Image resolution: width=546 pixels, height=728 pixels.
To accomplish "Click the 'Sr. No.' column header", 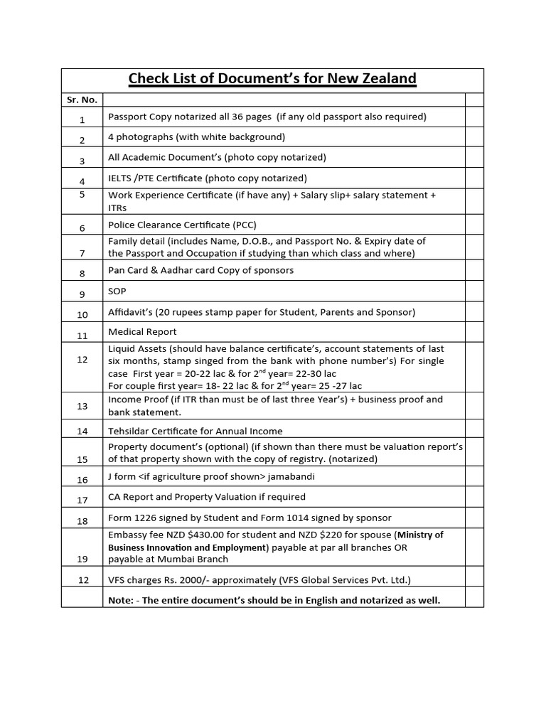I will click(82, 100).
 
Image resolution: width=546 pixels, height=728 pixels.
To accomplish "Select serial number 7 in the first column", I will click(82, 253).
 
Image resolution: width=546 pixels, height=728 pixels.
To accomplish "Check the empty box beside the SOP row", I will click(474, 291).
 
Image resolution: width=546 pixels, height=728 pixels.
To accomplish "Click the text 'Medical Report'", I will click(142, 332).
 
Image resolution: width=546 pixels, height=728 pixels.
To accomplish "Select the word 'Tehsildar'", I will click(129, 431).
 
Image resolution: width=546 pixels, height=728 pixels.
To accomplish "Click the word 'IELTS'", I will click(121, 178).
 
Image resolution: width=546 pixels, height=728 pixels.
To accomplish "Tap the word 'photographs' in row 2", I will click(142, 136).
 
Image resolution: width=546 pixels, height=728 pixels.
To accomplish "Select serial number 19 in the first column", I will click(82, 560).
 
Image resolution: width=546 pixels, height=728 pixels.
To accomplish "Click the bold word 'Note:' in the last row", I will click(122, 600).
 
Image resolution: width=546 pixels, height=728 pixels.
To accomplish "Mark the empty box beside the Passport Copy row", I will click(474, 117).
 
